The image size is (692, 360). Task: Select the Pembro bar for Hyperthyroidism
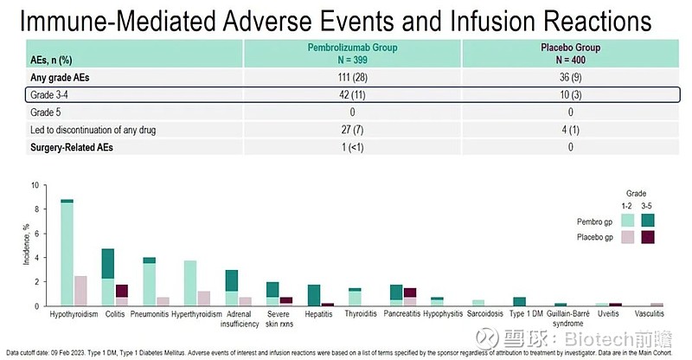click(x=191, y=283)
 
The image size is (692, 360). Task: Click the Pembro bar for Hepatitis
click(x=314, y=295)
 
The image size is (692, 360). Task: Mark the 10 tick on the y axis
click(x=35, y=185)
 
